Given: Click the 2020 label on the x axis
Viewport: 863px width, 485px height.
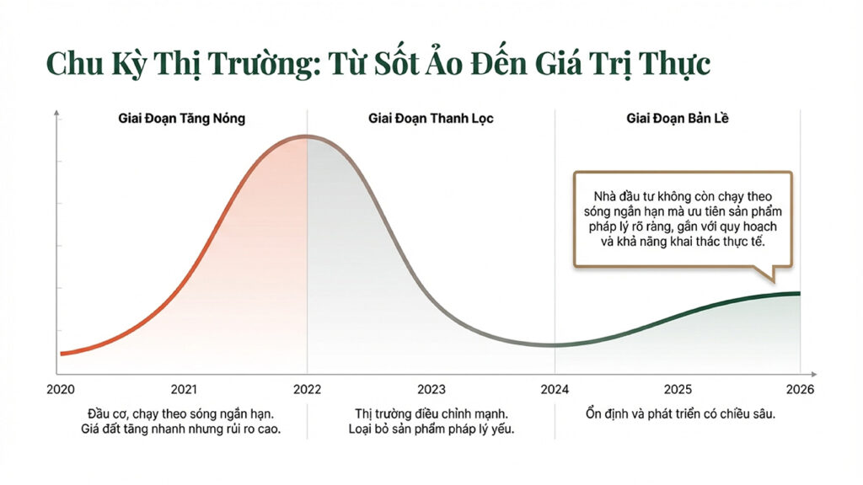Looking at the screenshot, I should pos(61,389).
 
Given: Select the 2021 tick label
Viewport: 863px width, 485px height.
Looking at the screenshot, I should pos(184,389).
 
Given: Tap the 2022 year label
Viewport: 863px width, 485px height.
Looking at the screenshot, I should pos(307,389).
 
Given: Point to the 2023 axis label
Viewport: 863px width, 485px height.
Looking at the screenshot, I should pos(431,389).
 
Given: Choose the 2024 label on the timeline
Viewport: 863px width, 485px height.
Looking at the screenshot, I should pos(555,389).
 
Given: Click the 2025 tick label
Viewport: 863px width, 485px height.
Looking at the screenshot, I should pos(678,389).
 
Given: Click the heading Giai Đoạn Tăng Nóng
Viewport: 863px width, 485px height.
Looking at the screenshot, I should pos(181,119).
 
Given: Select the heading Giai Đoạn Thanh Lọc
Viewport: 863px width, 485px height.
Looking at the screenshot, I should pos(431,119).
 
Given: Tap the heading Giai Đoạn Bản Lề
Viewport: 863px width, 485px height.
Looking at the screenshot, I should pos(678,119).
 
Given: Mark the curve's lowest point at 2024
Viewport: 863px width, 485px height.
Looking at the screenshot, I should pos(553,344).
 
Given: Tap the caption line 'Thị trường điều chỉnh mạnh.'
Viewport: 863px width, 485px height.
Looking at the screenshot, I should pos(431,414).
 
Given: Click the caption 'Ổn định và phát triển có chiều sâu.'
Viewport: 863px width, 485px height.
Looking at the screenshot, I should pos(678,414).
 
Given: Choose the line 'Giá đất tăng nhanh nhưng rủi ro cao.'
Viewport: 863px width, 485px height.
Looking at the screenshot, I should pos(184,429).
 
